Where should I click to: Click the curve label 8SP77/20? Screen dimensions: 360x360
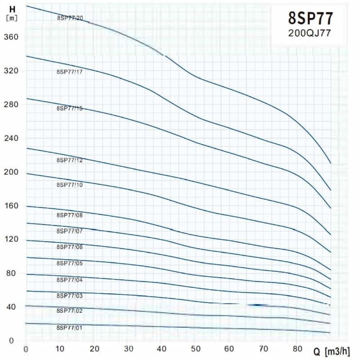tap(70, 18)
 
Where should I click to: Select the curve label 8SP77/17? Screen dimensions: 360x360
tap(70, 72)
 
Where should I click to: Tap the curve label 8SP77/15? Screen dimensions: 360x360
tap(70, 108)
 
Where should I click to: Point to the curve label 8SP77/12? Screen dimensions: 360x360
tap(70, 160)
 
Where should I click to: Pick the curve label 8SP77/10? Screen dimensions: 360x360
tap(70, 185)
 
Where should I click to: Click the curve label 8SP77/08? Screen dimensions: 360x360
tap(70, 215)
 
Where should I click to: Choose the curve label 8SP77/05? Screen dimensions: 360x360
tap(70, 263)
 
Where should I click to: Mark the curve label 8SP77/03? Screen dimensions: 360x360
tap(70, 296)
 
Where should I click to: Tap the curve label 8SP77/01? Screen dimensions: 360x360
tap(70, 328)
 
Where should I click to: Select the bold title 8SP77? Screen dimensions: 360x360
tap(311, 18)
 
